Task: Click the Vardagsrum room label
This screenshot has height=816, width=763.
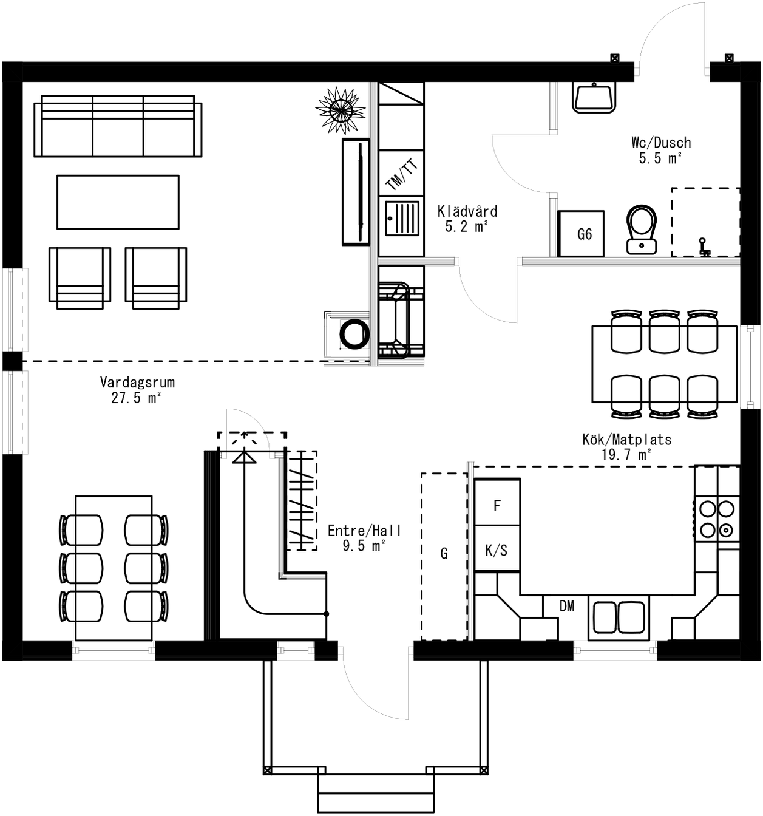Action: click(137, 382)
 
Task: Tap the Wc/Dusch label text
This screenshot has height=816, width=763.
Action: click(661, 143)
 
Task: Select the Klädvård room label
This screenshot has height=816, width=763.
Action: click(467, 211)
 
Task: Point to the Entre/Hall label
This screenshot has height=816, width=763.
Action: click(364, 531)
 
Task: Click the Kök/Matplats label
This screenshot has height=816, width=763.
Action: click(626, 439)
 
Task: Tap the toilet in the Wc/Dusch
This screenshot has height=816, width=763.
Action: click(642, 229)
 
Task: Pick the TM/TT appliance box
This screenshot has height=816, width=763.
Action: click(401, 173)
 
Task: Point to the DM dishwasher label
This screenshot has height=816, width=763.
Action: click(566, 606)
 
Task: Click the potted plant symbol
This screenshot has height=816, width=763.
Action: click(341, 110)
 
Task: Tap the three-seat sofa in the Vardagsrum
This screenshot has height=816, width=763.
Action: click(118, 126)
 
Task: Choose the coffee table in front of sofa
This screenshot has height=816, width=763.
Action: click(118, 202)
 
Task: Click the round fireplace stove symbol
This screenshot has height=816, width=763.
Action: click(354, 333)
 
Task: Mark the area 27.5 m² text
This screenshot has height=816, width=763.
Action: click(136, 398)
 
